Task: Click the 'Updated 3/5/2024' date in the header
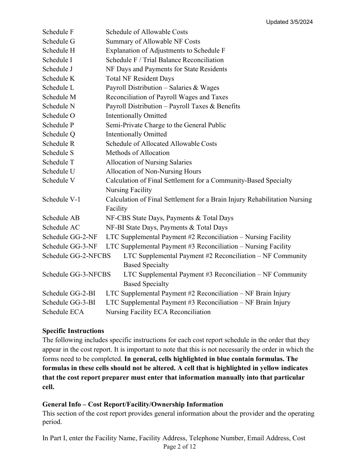tap(289, 22)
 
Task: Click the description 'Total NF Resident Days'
tap(140, 79)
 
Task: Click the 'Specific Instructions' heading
tap(73, 331)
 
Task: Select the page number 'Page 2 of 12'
tap(180, 447)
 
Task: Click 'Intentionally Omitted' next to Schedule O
tap(136, 116)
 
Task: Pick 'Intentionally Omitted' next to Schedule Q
tap(136, 134)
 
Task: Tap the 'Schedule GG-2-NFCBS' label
tap(77, 256)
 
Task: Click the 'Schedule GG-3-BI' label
tap(69, 302)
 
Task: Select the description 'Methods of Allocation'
tap(138, 153)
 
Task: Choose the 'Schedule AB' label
tap(61, 218)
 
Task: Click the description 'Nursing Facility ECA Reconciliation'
tap(158, 312)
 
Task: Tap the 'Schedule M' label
tap(59, 97)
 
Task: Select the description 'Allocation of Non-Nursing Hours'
tap(153, 172)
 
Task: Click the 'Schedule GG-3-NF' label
tap(70, 246)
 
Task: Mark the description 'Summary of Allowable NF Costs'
tap(153, 42)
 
